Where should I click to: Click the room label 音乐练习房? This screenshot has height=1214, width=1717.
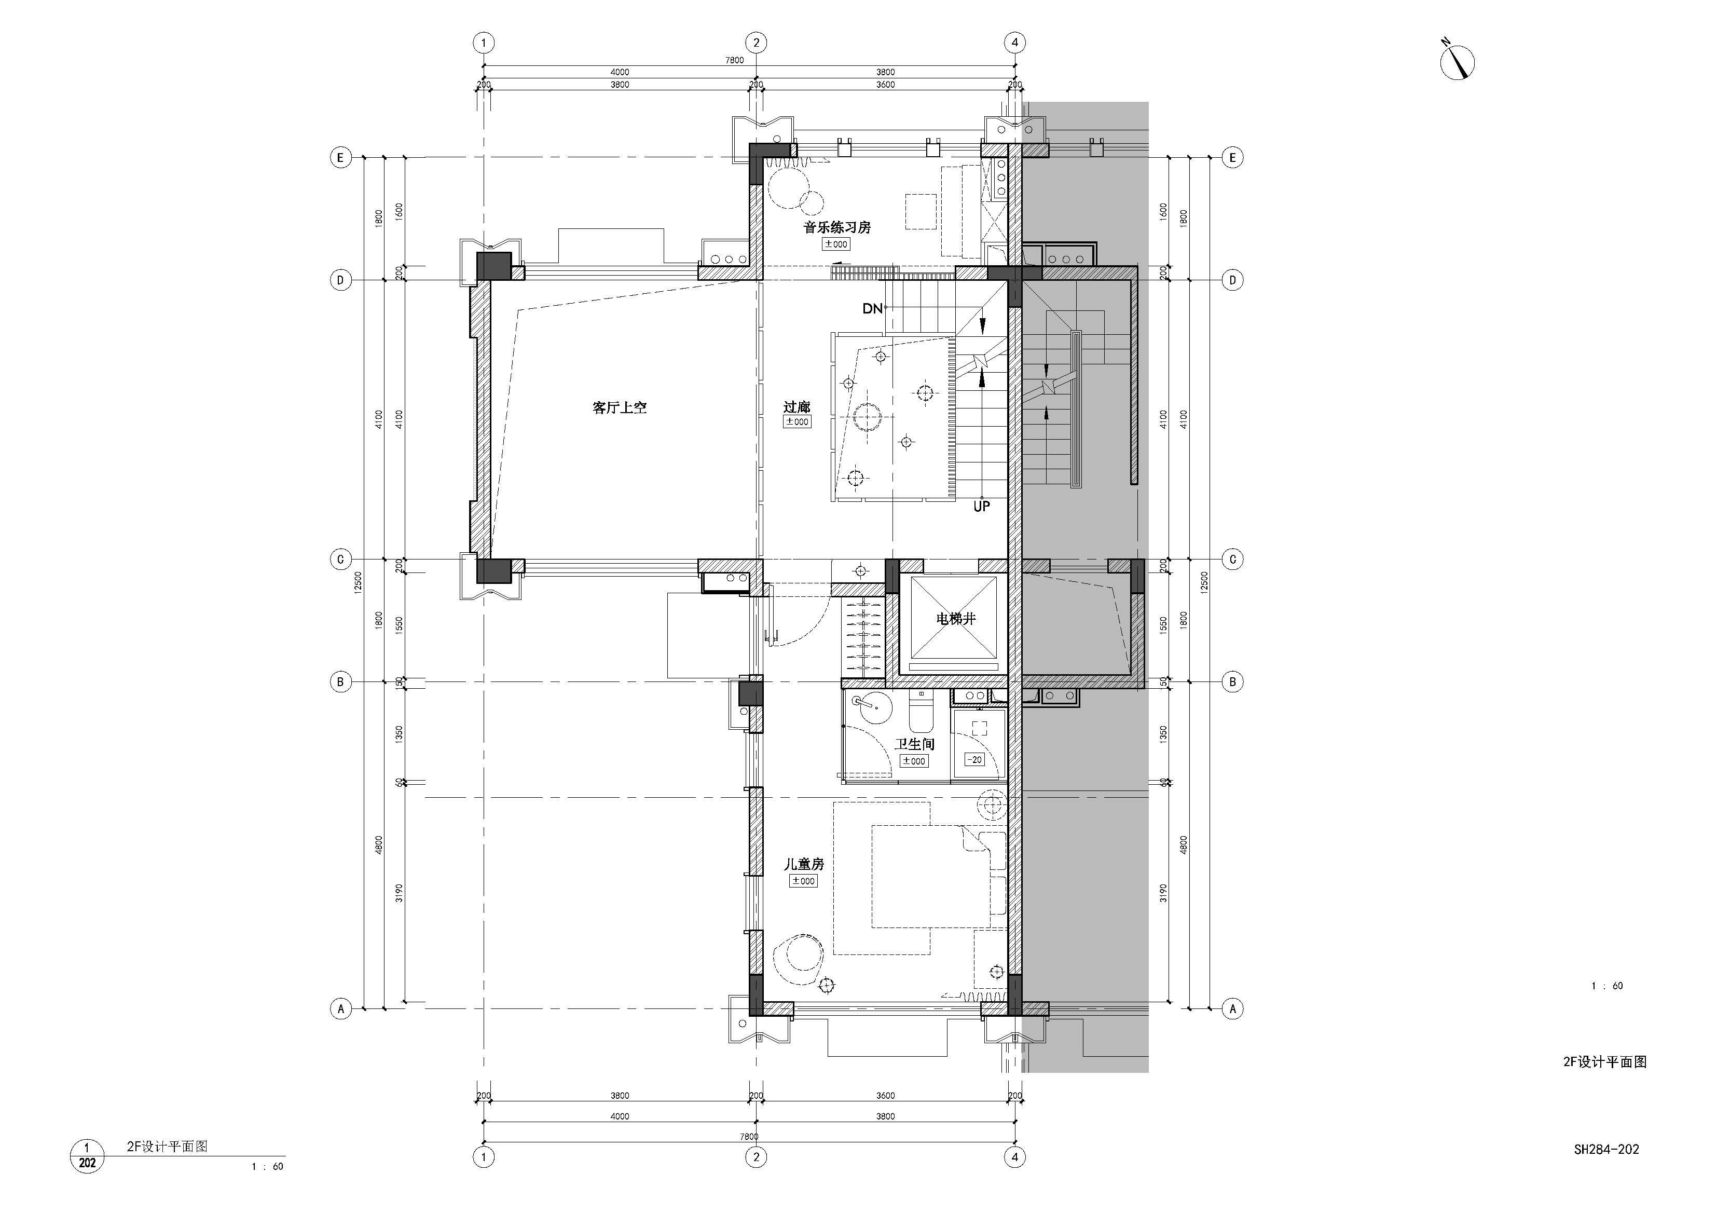click(837, 227)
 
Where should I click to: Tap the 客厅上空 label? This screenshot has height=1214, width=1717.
click(619, 407)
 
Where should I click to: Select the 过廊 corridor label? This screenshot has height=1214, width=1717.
click(796, 407)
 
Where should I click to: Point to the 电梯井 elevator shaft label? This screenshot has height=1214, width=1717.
click(956, 619)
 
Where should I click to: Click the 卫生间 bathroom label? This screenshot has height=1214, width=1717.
click(915, 744)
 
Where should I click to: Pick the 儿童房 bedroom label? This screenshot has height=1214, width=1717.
click(803, 864)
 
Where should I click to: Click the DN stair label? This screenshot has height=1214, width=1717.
click(872, 308)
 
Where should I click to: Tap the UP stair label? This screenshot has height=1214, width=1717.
click(981, 507)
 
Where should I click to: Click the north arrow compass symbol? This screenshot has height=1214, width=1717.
click(1457, 60)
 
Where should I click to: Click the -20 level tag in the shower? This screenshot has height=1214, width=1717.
click(974, 759)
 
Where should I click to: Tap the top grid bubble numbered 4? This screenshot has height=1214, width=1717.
click(1015, 43)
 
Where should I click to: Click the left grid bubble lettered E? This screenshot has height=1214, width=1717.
click(341, 158)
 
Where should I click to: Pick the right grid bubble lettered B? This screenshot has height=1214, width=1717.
click(1232, 682)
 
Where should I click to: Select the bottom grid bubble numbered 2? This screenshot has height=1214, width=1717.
click(756, 1157)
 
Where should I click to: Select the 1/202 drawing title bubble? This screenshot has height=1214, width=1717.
click(87, 1156)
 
